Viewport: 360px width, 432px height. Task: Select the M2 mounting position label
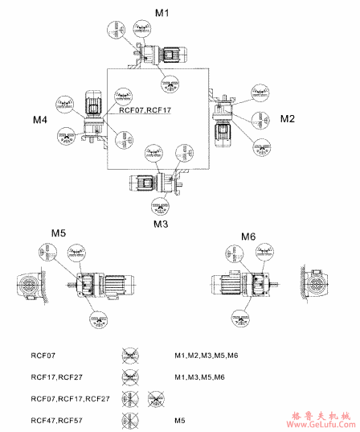288,118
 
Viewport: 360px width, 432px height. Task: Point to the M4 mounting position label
40,119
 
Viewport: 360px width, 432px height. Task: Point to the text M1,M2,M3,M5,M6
206,354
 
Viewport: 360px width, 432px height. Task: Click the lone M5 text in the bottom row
180,420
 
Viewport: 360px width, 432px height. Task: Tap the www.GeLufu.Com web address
322,426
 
